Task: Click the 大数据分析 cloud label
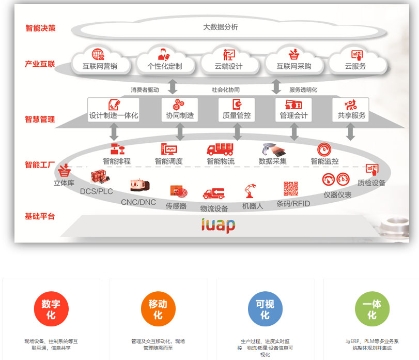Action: [x=221, y=27]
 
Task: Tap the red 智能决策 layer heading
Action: [x=40, y=28]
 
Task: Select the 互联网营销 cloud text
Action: [x=100, y=66]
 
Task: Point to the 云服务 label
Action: [x=355, y=66]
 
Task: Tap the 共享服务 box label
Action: [x=351, y=115]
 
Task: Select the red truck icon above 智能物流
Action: [x=220, y=149]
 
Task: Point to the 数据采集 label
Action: [x=273, y=161]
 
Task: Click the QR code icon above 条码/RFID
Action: [x=291, y=189]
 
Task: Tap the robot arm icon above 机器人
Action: [x=252, y=191]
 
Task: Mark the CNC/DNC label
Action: [x=138, y=202]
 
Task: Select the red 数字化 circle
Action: [x=51, y=309]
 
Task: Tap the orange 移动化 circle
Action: [x=158, y=309]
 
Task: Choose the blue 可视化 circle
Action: [x=265, y=309]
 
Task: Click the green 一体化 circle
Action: [x=372, y=309]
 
